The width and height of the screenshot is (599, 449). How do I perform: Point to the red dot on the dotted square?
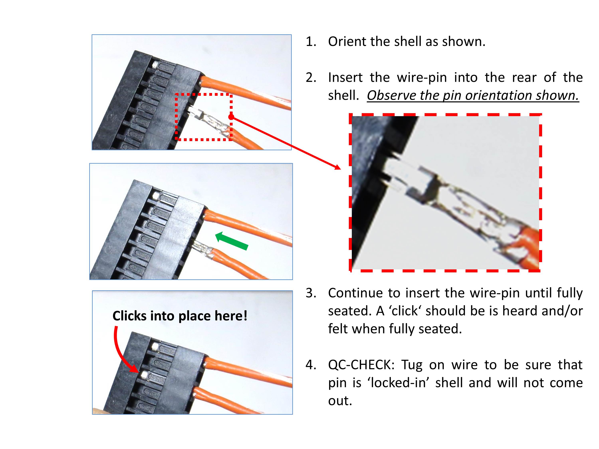coord(231,117)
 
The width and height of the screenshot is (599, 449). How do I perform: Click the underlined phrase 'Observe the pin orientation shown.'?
coord(473,95)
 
